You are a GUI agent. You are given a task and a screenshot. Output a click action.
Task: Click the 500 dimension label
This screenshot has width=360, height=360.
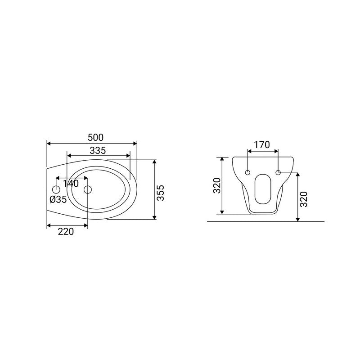[95, 137]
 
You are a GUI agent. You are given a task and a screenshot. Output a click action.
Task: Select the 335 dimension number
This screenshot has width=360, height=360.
[98, 150]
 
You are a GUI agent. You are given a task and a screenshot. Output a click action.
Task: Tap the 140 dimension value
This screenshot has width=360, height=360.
[71, 184]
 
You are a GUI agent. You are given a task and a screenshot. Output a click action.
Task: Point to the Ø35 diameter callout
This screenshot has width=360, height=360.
[58, 199]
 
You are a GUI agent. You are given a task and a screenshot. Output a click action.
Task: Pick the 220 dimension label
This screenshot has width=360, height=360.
[66, 231]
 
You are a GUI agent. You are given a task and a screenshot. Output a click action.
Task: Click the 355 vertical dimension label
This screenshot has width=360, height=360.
[161, 193]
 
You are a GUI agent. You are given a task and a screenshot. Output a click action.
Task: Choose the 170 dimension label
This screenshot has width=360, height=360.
[262, 144]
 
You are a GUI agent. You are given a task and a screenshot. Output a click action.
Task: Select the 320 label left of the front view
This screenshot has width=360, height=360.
[217, 185]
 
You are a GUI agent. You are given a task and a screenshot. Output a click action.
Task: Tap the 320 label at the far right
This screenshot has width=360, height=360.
[304, 199]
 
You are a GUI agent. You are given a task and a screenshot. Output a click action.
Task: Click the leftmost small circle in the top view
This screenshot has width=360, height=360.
[56, 189]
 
